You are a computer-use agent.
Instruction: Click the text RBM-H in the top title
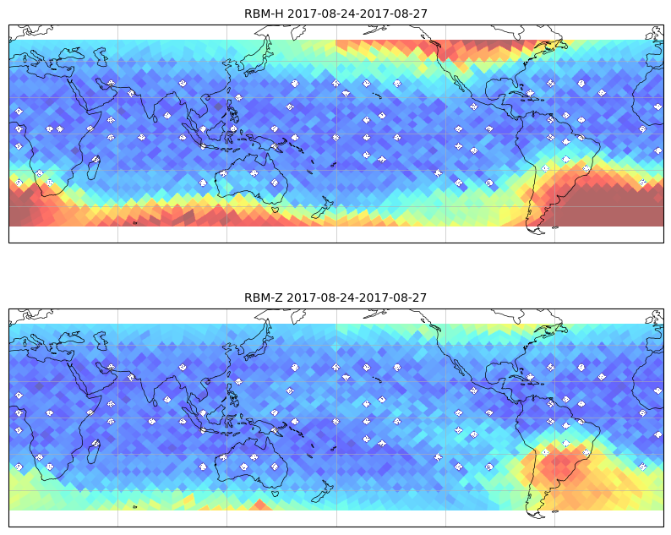tap(264, 14)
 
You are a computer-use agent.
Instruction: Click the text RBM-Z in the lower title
tap(264, 298)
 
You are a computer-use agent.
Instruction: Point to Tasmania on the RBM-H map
tap(276, 209)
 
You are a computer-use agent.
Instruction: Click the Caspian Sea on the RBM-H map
tap(101, 57)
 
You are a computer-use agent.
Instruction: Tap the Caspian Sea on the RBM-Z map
tap(101, 341)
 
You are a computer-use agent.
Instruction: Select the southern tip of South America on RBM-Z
tap(537, 516)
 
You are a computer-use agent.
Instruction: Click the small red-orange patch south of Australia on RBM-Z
tap(259, 505)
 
